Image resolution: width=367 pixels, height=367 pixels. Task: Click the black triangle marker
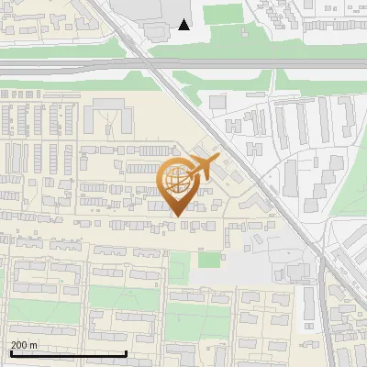click(x=184, y=25)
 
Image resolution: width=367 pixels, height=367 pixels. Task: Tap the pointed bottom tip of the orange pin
click(x=177, y=216)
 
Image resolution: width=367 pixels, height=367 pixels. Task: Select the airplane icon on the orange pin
click(x=200, y=169)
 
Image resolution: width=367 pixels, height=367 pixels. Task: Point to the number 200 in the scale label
click(x=20, y=345)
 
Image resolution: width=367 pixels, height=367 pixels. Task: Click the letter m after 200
click(x=34, y=345)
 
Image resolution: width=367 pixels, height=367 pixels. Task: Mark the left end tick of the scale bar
click(x=10, y=353)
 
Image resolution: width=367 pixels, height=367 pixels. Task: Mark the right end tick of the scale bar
click(x=126, y=353)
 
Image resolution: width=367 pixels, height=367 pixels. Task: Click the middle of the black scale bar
click(x=68, y=354)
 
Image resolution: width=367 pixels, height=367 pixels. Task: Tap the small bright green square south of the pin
click(x=209, y=260)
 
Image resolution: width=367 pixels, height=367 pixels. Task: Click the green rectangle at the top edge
click(x=221, y=14)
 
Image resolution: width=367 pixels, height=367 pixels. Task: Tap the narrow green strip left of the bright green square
click(x=179, y=268)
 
